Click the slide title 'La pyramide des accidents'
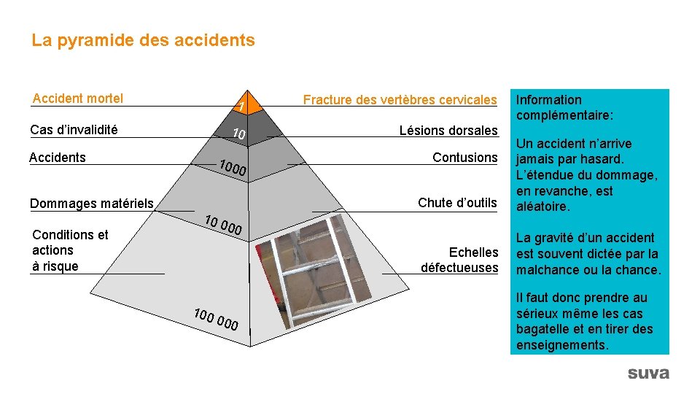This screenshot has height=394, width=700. (x=143, y=40)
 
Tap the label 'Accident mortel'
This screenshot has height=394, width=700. (x=78, y=98)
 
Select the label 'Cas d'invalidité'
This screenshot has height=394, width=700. (x=74, y=130)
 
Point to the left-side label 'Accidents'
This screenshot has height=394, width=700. (x=57, y=158)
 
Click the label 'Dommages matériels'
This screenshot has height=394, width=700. (x=91, y=204)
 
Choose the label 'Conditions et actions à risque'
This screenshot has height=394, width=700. (x=69, y=250)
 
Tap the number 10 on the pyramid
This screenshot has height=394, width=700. (x=238, y=134)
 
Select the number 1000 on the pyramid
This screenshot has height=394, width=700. (x=233, y=168)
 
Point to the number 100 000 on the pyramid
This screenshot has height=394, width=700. (x=216, y=320)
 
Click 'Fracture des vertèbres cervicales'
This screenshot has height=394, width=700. (x=400, y=100)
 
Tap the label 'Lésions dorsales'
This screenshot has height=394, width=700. (x=448, y=131)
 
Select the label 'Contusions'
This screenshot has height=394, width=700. (x=464, y=158)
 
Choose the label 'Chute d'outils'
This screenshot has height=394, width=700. (x=457, y=202)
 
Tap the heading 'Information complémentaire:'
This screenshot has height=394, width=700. (x=564, y=107)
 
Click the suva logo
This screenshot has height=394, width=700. (x=647, y=373)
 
